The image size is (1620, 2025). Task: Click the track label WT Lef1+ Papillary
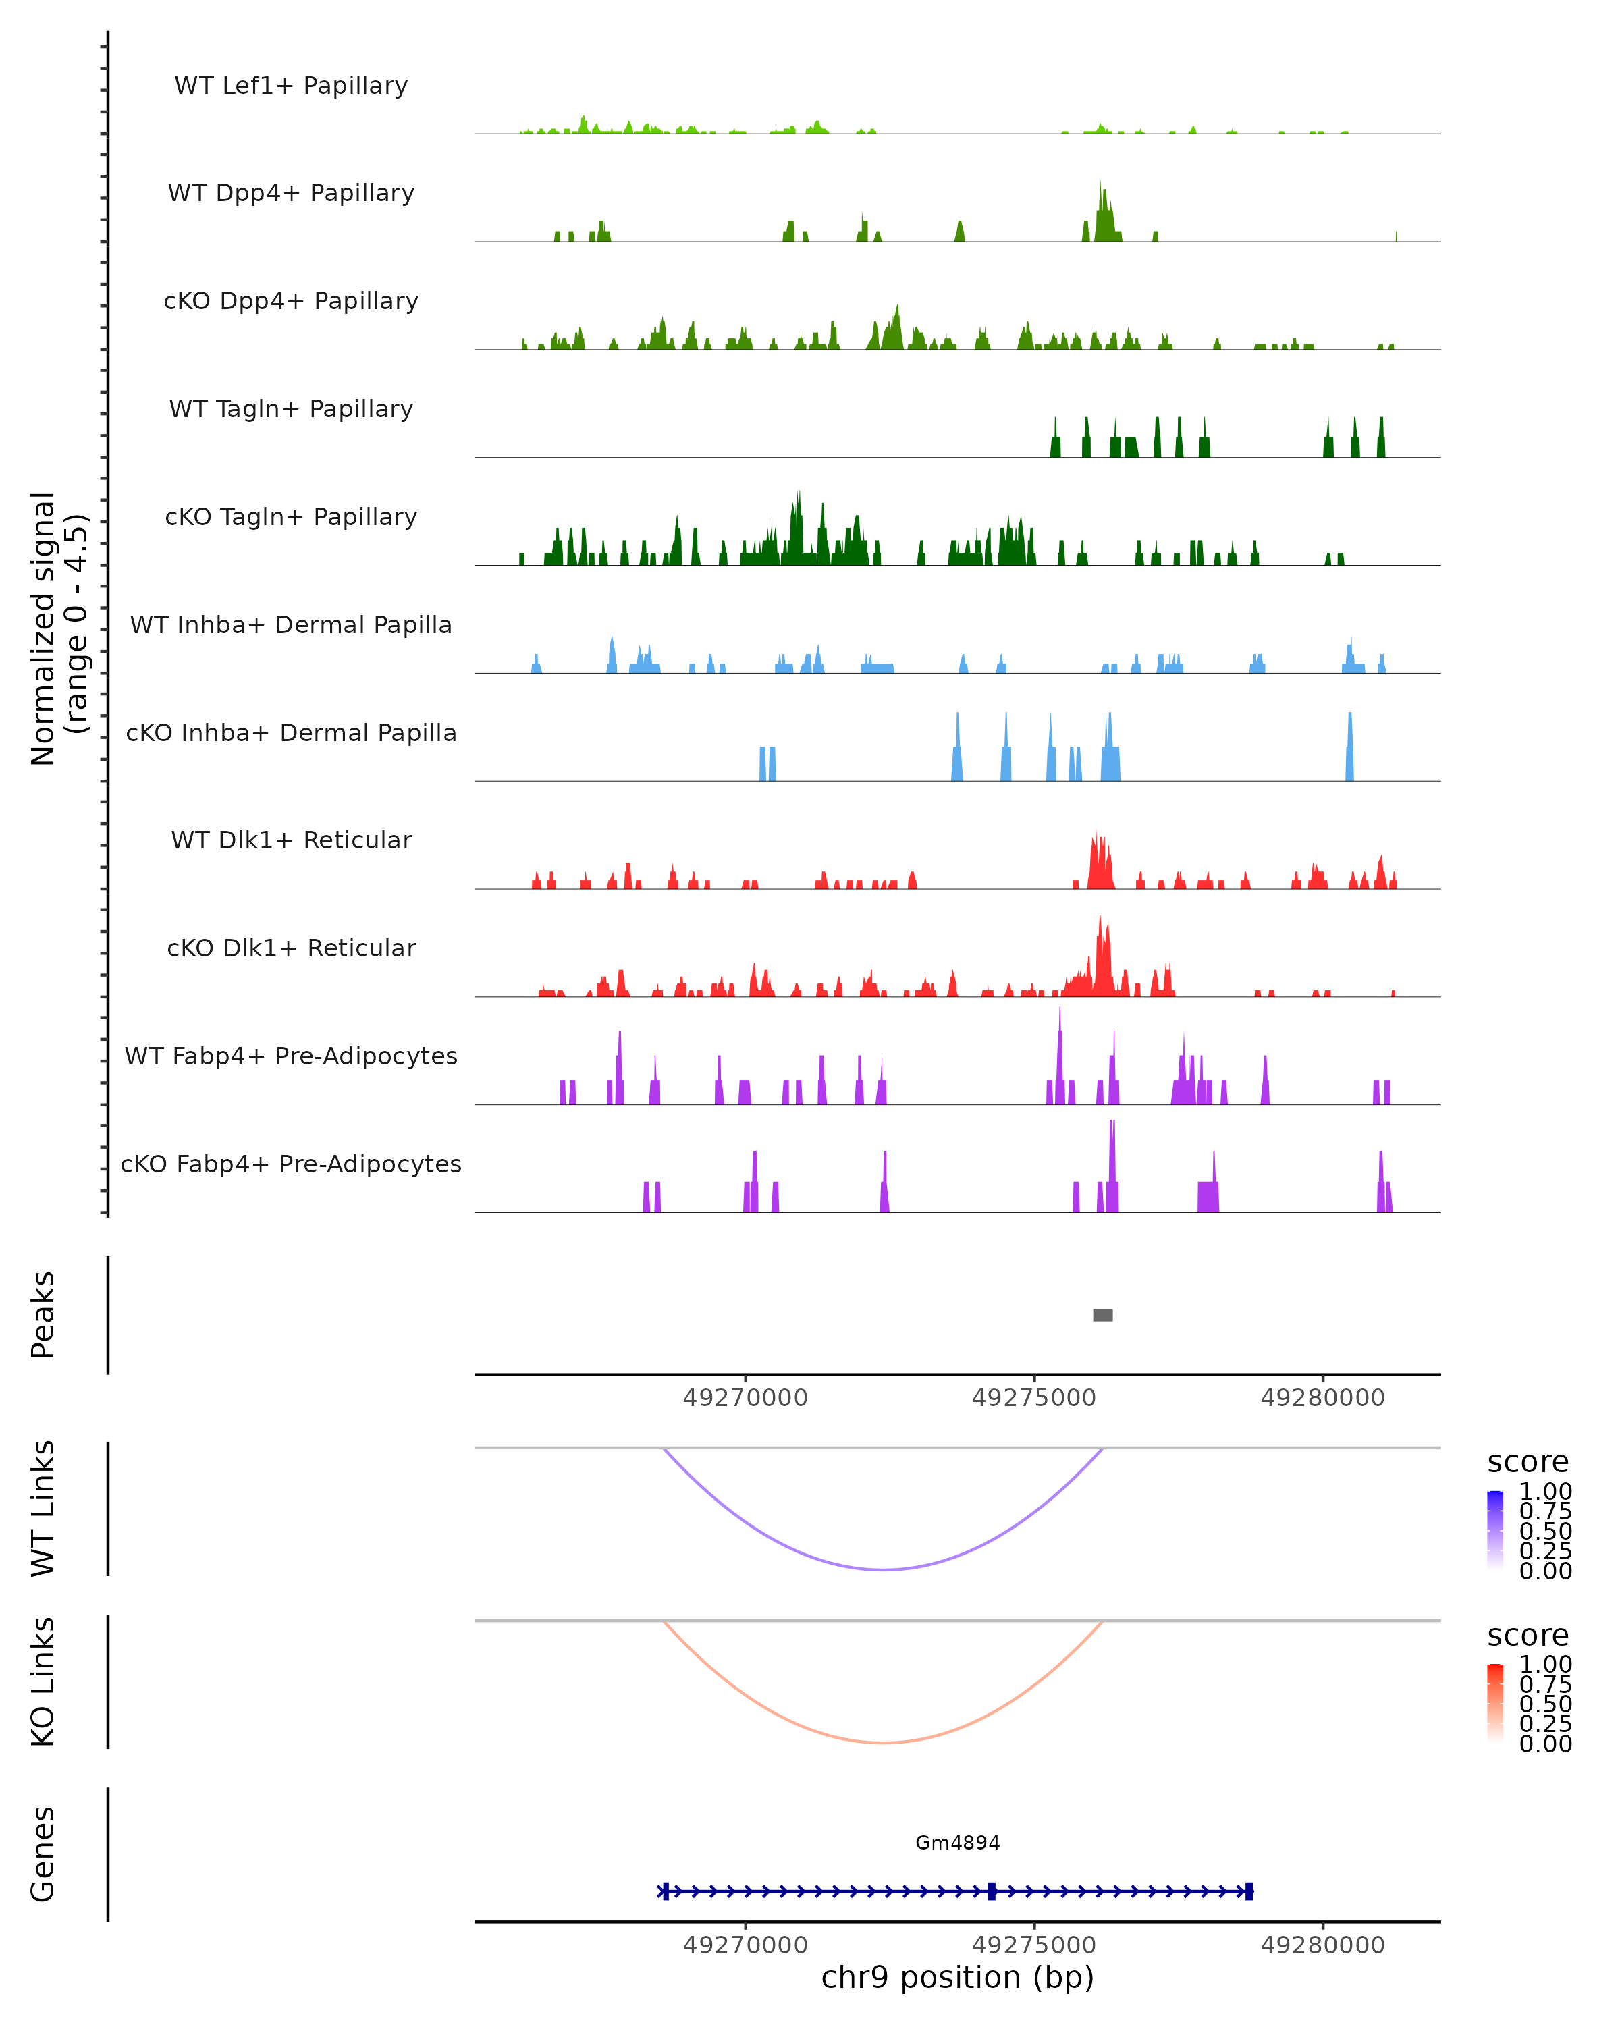tap(291, 86)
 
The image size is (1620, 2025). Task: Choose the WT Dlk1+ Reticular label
tap(291, 840)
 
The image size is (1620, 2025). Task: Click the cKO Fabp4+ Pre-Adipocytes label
tap(291, 1164)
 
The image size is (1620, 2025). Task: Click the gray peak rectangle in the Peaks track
tap(1102, 1315)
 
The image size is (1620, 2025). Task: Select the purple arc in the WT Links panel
tap(883, 1569)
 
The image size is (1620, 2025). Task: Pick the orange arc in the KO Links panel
tap(883, 1742)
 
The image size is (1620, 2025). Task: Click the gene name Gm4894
tap(957, 1843)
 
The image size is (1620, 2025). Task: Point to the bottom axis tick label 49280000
tap(1322, 1945)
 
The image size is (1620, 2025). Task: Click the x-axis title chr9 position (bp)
tap(957, 1977)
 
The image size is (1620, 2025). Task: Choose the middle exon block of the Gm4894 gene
tap(992, 1891)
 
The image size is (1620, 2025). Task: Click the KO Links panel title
tap(43, 1681)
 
